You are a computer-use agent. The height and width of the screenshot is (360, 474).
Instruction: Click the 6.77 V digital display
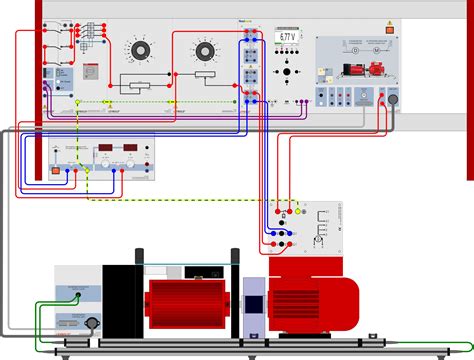tap(287, 36)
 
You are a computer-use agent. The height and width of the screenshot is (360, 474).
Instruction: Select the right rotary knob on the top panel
tap(206, 49)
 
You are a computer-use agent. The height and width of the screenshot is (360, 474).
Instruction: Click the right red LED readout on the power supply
tap(131, 150)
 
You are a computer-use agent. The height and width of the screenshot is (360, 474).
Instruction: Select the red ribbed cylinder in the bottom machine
tap(185, 306)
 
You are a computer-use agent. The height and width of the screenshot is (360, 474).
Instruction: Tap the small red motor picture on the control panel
tap(377, 70)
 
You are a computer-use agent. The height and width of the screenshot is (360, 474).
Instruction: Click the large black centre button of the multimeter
tap(288, 73)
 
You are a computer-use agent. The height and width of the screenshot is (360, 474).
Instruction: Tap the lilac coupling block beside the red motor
tap(255, 305)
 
